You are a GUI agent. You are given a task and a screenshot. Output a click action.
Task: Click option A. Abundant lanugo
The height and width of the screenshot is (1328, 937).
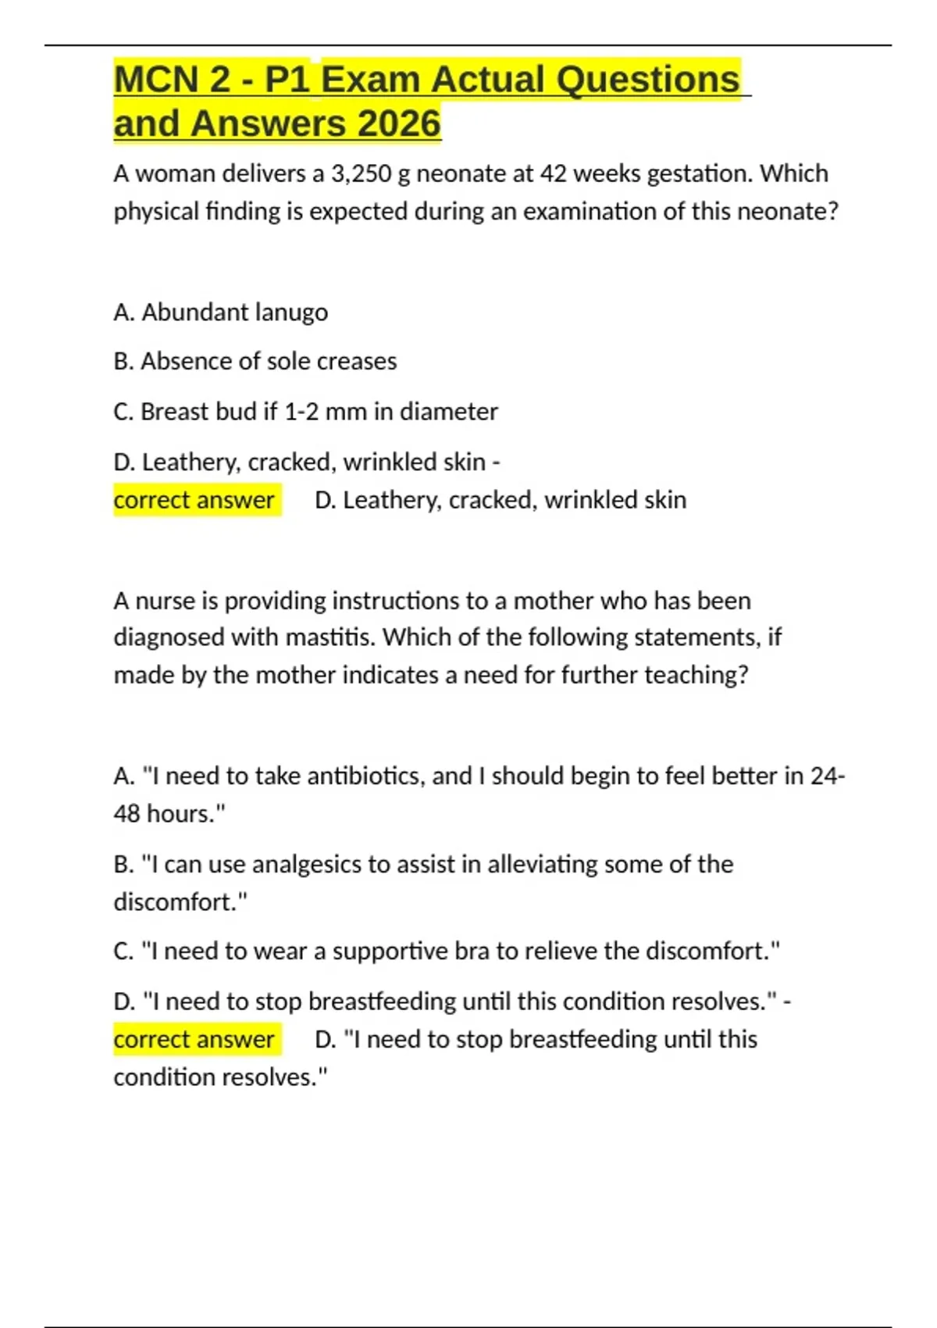click(220, 312)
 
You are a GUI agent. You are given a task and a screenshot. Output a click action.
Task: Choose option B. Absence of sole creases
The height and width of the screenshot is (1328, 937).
click(255, 362)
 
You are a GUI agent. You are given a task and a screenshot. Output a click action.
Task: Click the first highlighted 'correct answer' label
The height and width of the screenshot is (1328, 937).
click(194, 500)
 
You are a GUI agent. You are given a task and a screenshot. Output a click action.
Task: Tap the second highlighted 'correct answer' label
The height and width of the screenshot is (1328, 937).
click(194, 1040)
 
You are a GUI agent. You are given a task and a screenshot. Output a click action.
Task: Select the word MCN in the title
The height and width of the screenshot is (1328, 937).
click(156, 80)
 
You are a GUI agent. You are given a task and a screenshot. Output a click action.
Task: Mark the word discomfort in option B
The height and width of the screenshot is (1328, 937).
click(176, 902)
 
